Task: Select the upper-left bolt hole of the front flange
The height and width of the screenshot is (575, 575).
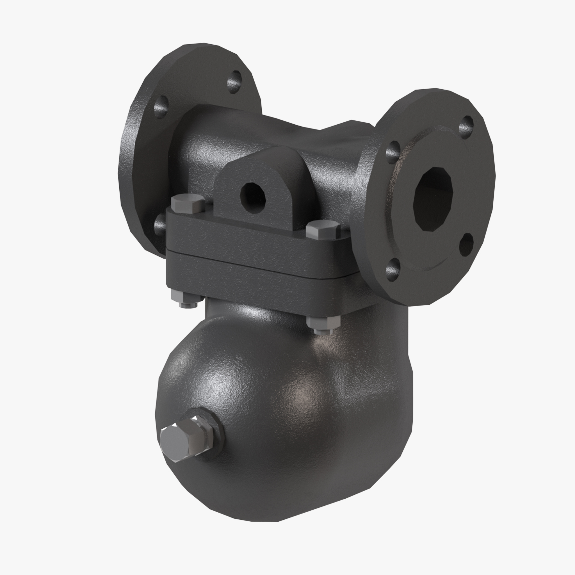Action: [393, 152]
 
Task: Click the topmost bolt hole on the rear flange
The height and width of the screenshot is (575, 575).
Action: [234, 82]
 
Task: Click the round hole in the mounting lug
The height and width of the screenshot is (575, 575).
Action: [253, 198]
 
